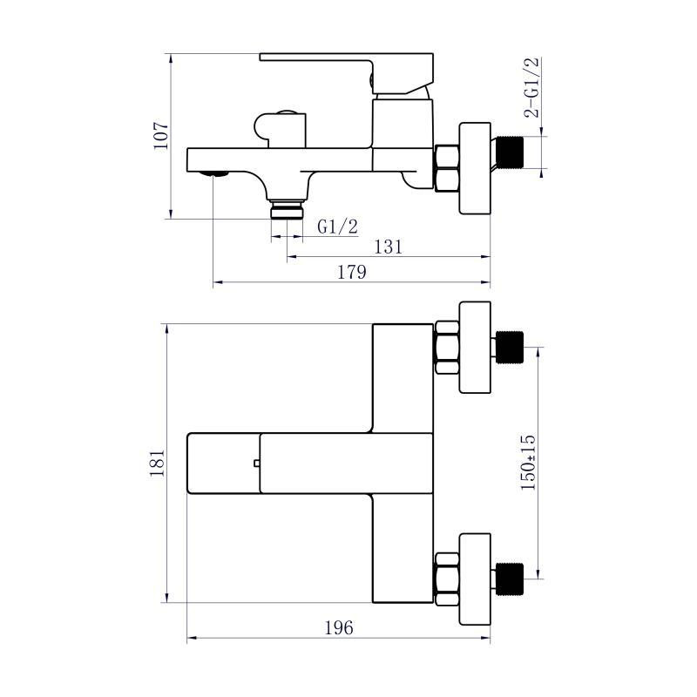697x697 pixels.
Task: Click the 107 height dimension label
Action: (x=160, y=135)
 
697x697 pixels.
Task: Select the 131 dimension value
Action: (x=388, y=247)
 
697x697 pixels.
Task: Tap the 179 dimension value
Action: (x=351, y=273)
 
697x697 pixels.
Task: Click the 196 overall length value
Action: (x=338, y=628)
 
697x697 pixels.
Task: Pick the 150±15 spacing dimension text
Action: (x=529, y=464)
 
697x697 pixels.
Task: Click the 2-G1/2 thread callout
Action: (x=531, y=87)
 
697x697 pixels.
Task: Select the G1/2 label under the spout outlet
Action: (x=337, y=227)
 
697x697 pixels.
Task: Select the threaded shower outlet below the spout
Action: (x=288, y=211)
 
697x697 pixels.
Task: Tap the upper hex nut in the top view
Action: (x=446, y=347)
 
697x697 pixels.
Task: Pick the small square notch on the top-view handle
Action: (x=256, y=463)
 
